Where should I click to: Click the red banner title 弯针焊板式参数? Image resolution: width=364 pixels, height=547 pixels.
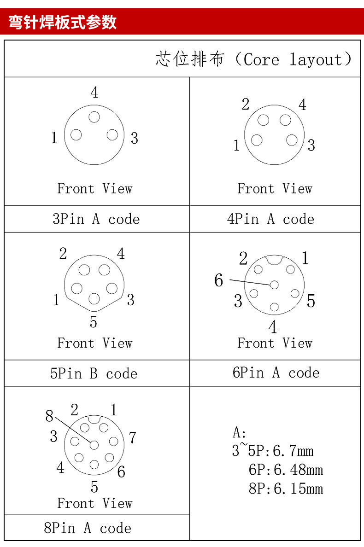point(63,22)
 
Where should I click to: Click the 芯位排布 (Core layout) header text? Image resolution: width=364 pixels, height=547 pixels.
point(254,59)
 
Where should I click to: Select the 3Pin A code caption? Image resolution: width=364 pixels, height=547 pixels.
point(96,219)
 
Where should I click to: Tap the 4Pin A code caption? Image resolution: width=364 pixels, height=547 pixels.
point(270,219)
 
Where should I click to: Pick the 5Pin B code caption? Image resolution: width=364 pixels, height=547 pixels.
point(94,373)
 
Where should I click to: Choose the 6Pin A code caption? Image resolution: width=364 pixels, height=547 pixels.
point(276,372)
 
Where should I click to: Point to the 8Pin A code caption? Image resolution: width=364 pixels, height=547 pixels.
point(88,528)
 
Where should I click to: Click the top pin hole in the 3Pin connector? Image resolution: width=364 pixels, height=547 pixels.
point(94,117)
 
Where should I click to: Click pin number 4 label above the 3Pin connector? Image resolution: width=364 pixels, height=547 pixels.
point(94,93)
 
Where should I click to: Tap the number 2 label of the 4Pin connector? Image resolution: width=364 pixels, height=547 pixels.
point(246,105)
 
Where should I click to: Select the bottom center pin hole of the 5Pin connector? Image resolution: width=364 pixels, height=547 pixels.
point(94,299)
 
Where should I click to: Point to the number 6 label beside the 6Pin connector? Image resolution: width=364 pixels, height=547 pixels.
point(219,280)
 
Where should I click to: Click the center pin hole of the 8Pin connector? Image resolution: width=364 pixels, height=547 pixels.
point(94,445)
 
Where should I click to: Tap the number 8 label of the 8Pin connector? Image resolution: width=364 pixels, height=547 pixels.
point(50,416)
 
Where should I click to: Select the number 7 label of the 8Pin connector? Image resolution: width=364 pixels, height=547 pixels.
point(132,437)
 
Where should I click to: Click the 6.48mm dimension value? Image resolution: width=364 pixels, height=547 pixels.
point(298,470)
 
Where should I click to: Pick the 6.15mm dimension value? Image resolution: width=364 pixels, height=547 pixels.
point(298,489)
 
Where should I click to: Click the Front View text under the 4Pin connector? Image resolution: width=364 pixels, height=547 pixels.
point(275,188)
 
